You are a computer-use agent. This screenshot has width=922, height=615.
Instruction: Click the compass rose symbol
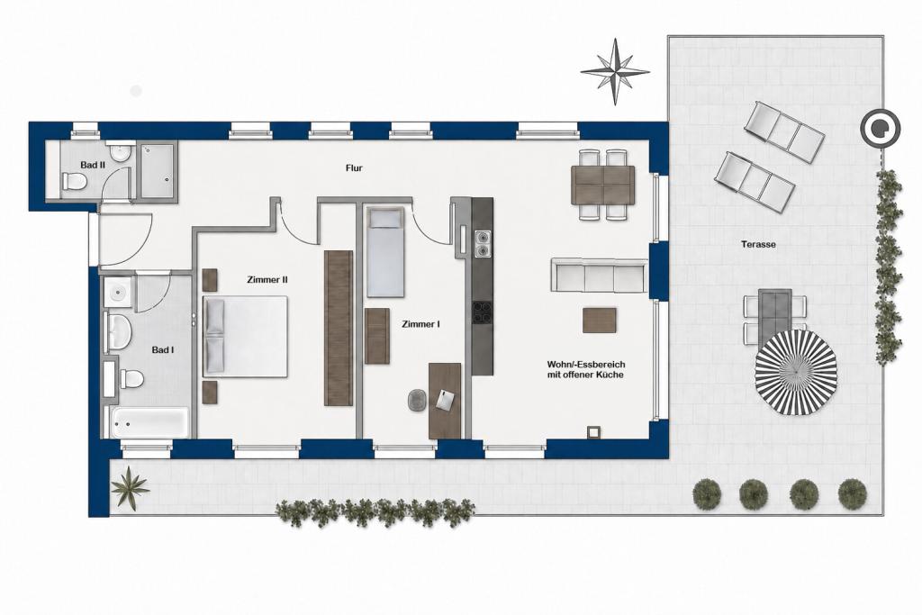click(615, 72)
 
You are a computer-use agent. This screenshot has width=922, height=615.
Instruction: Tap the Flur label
click(354, 168)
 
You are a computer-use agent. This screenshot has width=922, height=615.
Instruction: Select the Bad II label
click(93, 165)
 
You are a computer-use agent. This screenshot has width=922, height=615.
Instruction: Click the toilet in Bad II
click(75, 182)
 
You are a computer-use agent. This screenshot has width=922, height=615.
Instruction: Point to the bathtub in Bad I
click(150, 421)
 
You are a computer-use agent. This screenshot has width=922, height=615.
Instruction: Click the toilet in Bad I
click(132, 379)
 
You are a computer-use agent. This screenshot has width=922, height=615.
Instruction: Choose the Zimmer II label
click(267, 280)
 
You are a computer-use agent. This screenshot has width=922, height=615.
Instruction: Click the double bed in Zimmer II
click(245, 336)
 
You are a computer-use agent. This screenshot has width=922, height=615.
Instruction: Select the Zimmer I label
click(421, 324)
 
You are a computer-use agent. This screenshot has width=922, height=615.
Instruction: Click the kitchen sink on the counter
click(483, 243)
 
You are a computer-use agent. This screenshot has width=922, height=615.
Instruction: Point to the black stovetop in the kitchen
click(483, 312)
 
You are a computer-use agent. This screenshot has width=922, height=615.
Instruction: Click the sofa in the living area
click(599, 275)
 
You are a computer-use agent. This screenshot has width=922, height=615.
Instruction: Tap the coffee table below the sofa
click(600, 321)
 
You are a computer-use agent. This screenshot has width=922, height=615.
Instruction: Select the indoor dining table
click(602, 185)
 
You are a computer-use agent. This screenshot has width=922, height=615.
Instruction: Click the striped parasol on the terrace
click(796, 373)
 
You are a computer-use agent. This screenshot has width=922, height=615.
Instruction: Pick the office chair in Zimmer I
click(418, 401)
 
